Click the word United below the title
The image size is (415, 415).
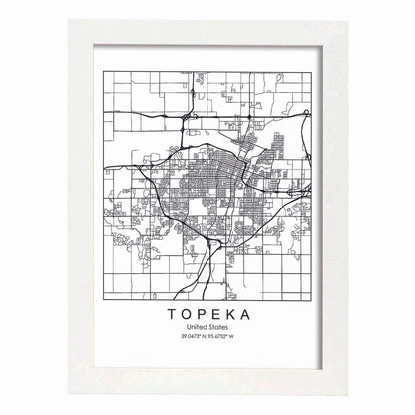pos(192,302)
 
